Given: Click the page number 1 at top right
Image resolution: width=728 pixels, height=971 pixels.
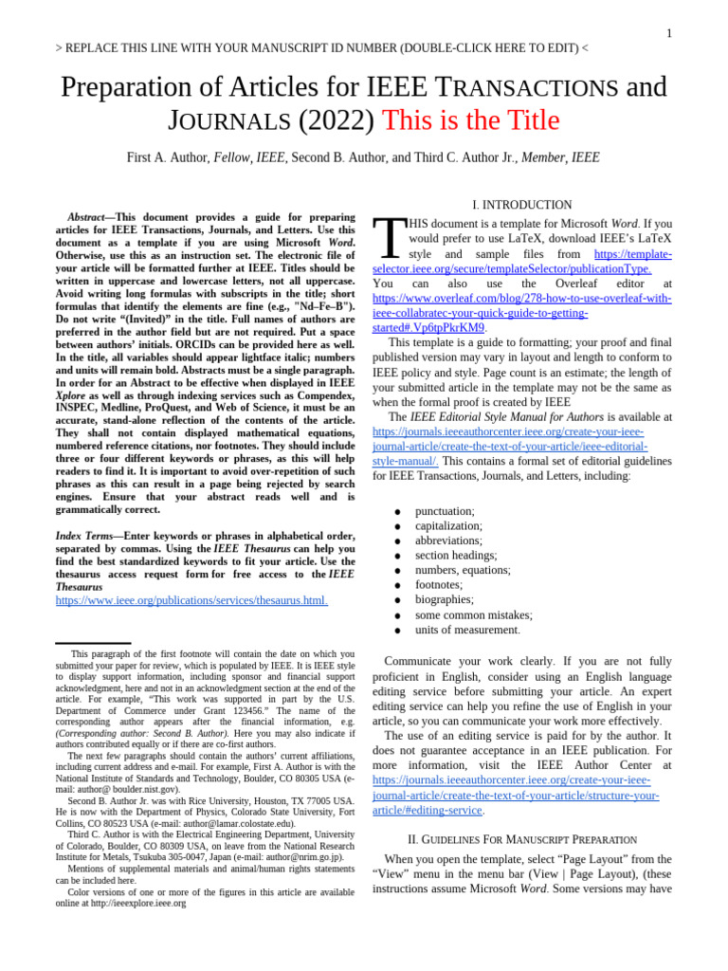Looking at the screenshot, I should point(668,33).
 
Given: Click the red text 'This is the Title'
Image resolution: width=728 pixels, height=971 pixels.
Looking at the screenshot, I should point(470,120).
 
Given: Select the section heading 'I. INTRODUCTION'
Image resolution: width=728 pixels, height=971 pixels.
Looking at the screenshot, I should point(521,205).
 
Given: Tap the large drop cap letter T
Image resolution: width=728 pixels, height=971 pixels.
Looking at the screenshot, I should point(389,239).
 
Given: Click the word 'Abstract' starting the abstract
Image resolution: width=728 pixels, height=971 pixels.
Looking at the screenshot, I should point(85,217).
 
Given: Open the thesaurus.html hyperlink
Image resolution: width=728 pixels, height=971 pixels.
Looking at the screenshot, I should point(191,600).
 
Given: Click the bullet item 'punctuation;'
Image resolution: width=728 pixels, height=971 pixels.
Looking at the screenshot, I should point(445,511).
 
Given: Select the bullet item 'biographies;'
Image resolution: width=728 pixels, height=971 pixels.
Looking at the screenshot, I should point(445,599).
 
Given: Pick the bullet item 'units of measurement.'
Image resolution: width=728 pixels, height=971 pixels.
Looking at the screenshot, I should point(467,630).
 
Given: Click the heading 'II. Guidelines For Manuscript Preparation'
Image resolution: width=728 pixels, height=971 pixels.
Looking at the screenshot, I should point(521,839).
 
